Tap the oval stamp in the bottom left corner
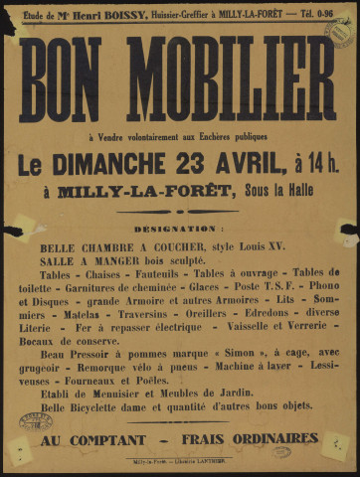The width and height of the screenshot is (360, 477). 34,422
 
